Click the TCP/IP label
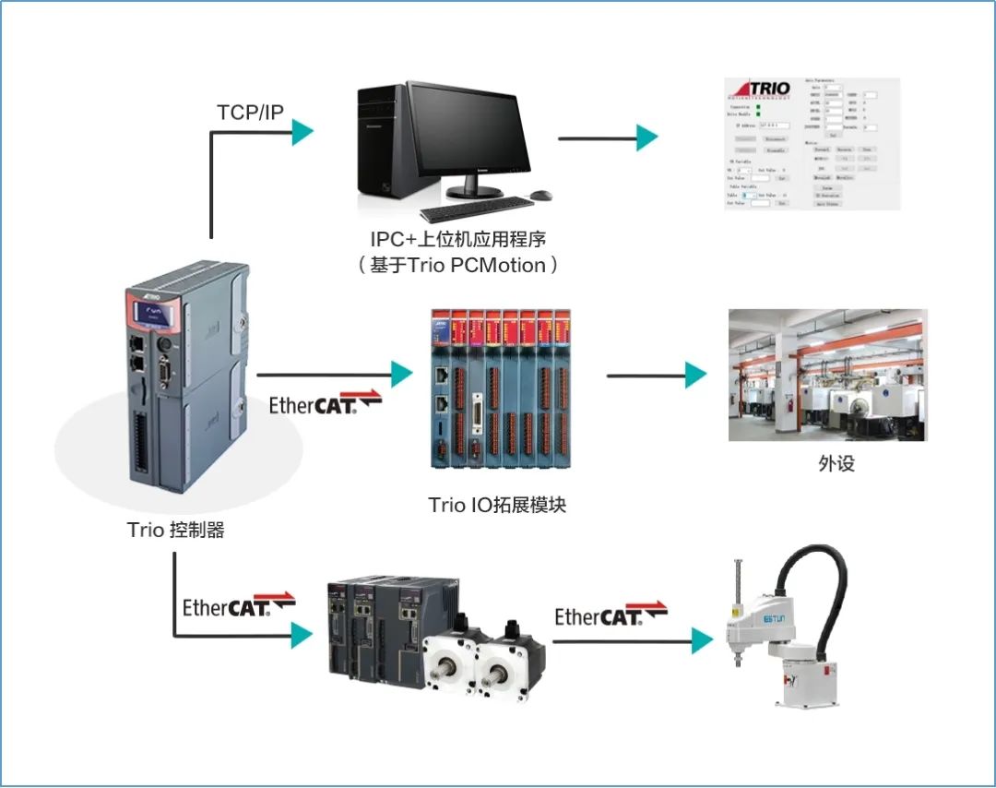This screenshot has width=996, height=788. pyautogui.click(x=250, y=113)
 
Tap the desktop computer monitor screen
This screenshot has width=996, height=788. pyautogui.click(x=469, y=129)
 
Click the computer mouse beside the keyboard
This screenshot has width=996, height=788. pyautogui.click(x=541, y=195)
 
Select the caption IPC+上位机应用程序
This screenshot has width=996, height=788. pyautogui.click(x=458, y=239)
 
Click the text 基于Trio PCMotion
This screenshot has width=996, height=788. pyautogui.click(x=458, y=265)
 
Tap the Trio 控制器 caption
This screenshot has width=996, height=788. pyautogui.click(x=176, y=531)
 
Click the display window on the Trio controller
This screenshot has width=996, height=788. pyautogui.click(x=155, y=316)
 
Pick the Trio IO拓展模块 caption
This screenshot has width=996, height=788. pyautogui.click(x=495, y=505)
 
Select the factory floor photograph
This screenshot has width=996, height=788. pyautogui.click(x=827, y=375)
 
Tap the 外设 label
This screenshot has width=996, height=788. pyautogui.click(x=836, y=464)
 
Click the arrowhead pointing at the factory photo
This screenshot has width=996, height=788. pyautogui.click(x=696, y=375)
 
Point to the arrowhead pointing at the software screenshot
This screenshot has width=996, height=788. pyautogui.click(x=647, y=138)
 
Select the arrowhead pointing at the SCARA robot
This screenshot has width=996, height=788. pyautogui.click(x=704, y=640)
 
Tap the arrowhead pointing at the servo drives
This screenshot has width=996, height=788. pyautogui.click(x=302, y=635)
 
